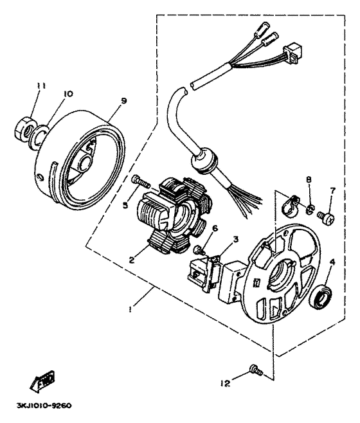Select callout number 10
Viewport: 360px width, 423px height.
pos(67,94)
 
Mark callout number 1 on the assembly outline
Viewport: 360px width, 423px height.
pos(130,309)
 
